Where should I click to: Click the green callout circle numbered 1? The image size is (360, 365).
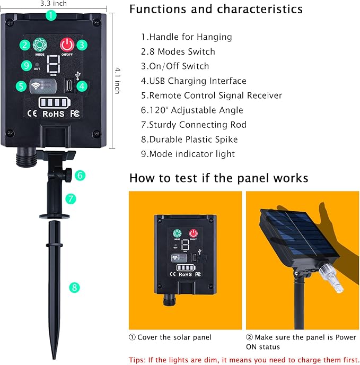tap(51, 15)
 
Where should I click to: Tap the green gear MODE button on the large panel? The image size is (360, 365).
tap(40, 45)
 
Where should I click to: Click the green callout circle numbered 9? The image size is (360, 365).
tap(27, 65)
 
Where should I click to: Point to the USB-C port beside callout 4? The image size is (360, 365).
tap(69, 85)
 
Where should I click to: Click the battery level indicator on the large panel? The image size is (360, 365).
tap(55, 103)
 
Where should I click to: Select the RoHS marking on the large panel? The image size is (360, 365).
tap(54, 114)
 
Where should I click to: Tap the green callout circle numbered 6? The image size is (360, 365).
tap(80, 175)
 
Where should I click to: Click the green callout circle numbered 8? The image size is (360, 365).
tap(74, 287)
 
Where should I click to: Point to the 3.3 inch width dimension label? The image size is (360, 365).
tap(54, 4)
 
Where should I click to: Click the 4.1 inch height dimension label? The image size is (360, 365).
tap(118, 81)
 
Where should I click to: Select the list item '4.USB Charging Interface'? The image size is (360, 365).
tap(194, 81)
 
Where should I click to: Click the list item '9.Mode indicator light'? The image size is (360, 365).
tap(188, 154)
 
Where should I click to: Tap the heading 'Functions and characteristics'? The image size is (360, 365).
tap(216, 10)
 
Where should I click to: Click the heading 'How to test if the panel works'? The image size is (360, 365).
tap(219, 178)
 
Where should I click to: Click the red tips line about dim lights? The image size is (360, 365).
tap(244, 360)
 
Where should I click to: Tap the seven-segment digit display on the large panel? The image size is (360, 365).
tap(54, 64)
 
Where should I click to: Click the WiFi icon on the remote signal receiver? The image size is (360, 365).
tap(36, 86)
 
